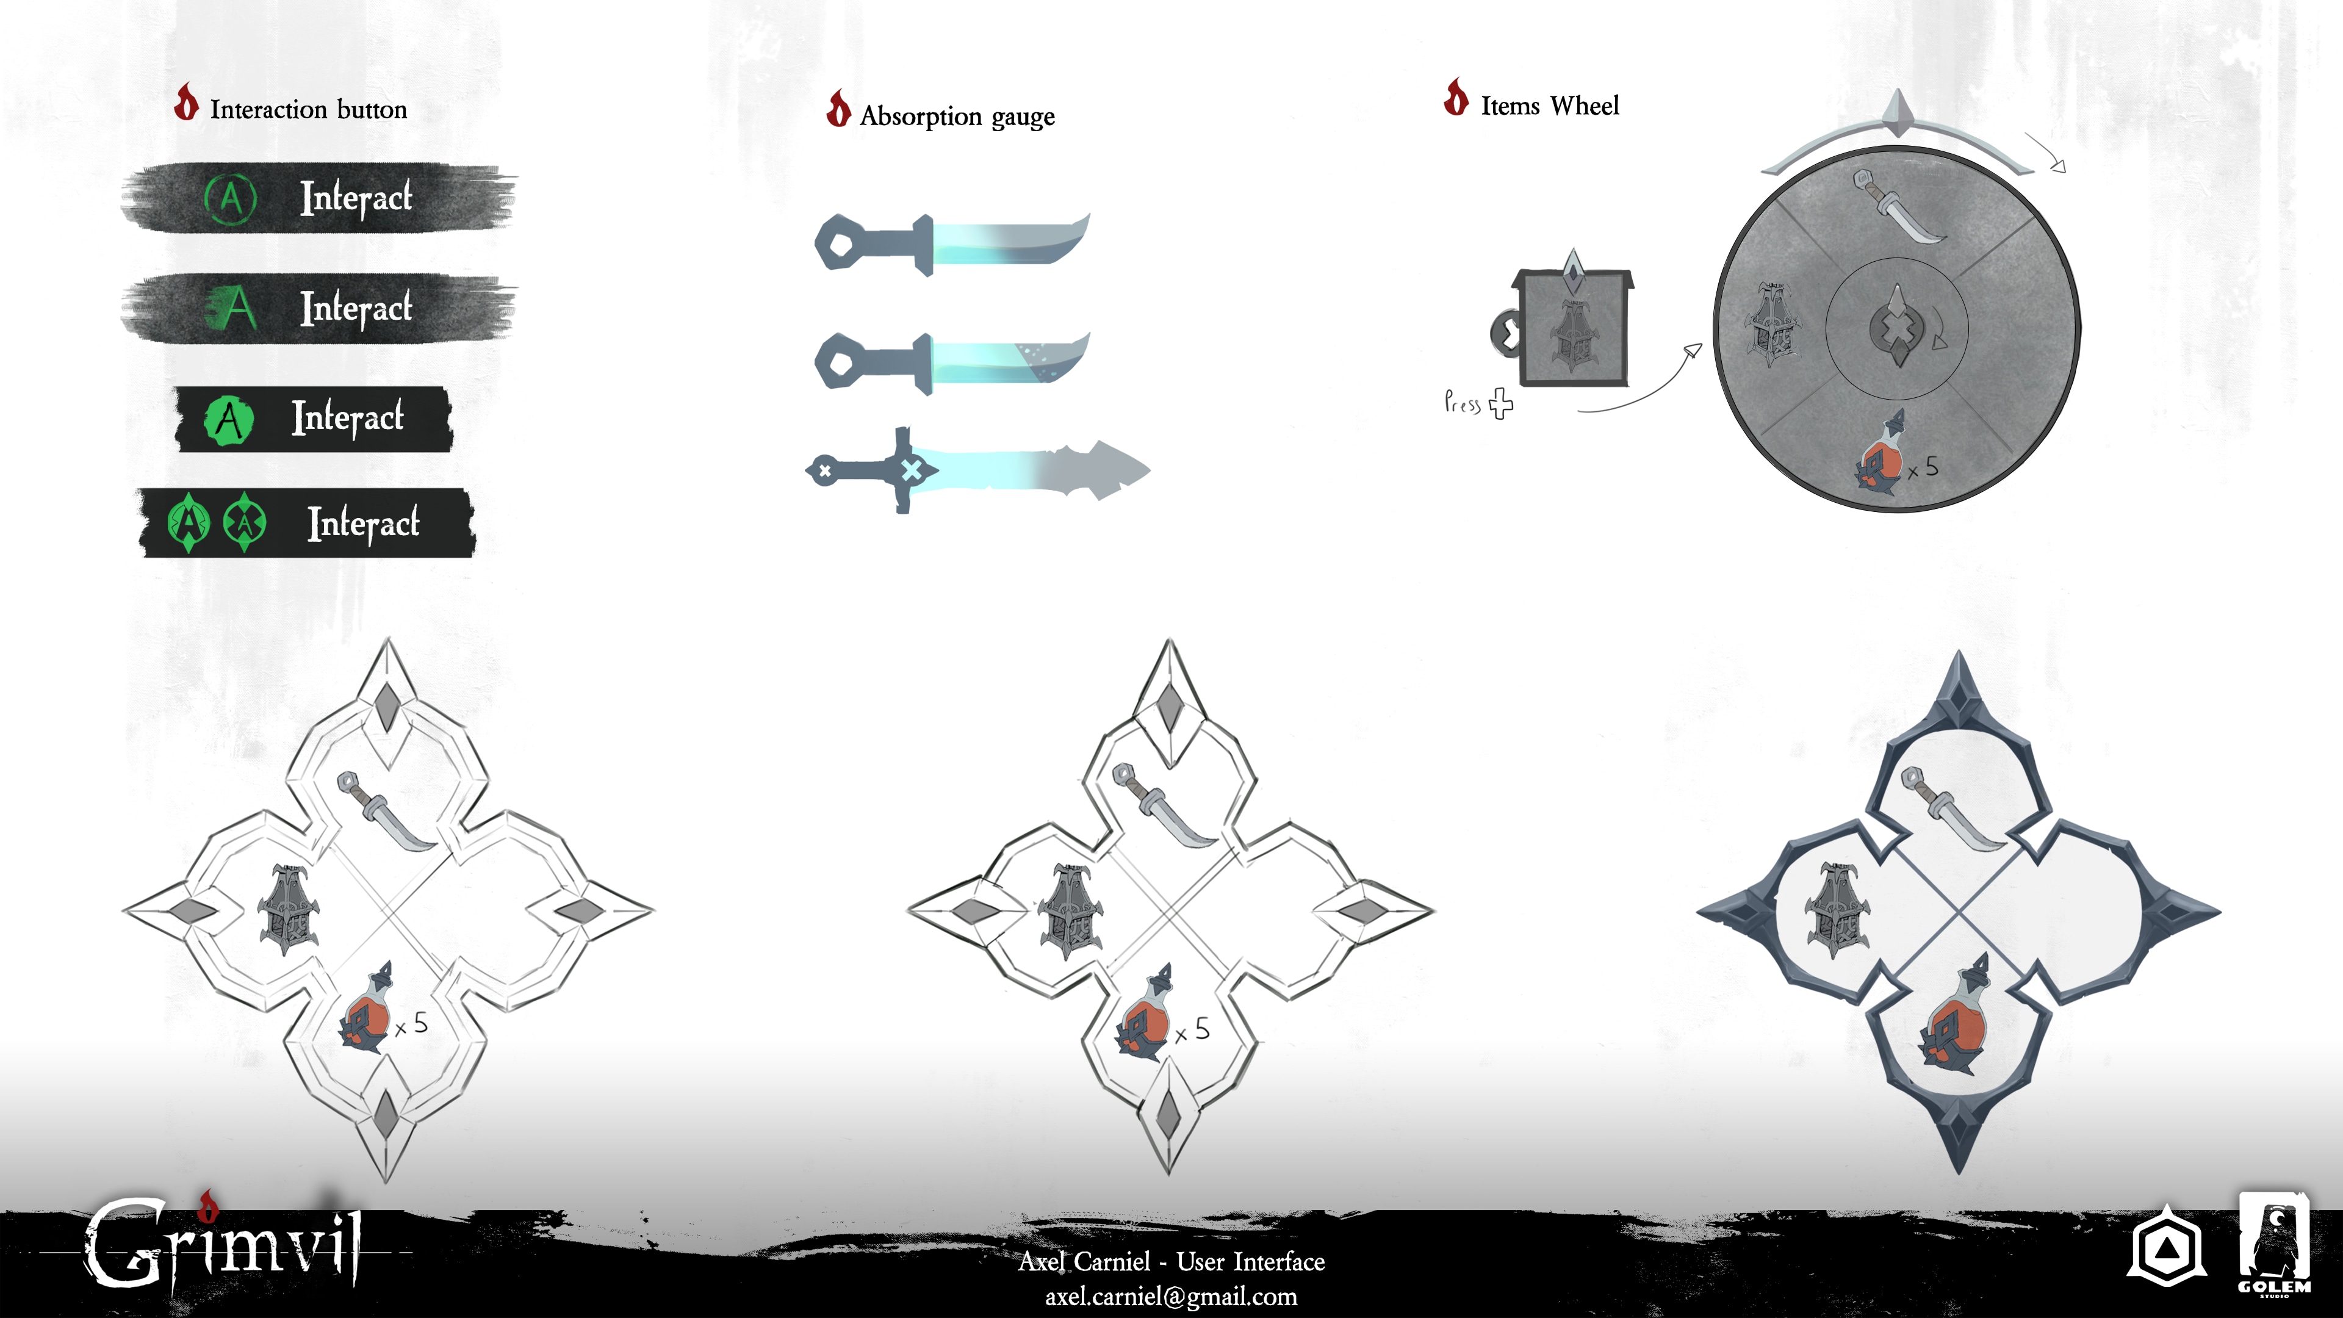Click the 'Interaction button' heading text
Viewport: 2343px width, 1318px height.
[x=308, y=109]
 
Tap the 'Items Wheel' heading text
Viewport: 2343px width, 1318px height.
[x=1550, y=106]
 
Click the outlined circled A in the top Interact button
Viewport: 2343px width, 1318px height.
[x=231, y=197]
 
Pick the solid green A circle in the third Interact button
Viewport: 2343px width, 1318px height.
[x=228, y=421]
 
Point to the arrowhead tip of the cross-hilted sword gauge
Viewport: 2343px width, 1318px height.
[x=1150, y=470]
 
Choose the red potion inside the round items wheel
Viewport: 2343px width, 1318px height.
[x=1879, y=454]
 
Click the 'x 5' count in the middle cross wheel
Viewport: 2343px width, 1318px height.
[x=1192, y=1031]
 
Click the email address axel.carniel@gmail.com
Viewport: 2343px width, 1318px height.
[x=1171, y=1296]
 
